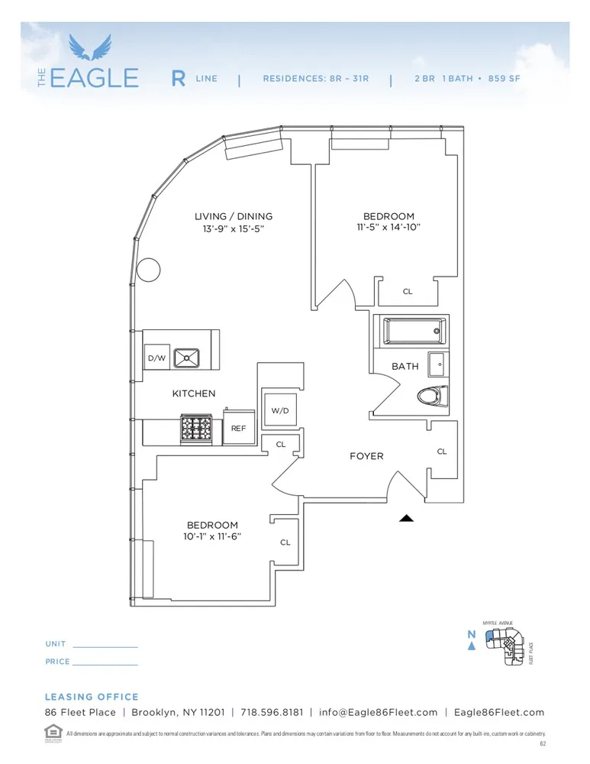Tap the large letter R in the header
(x=178, y=79)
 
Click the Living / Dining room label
(x=233, y=217)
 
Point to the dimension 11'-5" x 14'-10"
(x=388, y=228)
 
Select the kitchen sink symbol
(x=186, y=358)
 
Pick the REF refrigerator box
(x=238, y=429)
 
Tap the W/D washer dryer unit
(x=279, y=410)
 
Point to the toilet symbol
(x=433, y=397)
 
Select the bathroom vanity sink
(x=438, y=364)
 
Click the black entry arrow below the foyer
(x=406, y=518)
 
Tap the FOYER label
(x=366, y=456)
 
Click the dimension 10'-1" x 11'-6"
(x=213, y=536)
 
